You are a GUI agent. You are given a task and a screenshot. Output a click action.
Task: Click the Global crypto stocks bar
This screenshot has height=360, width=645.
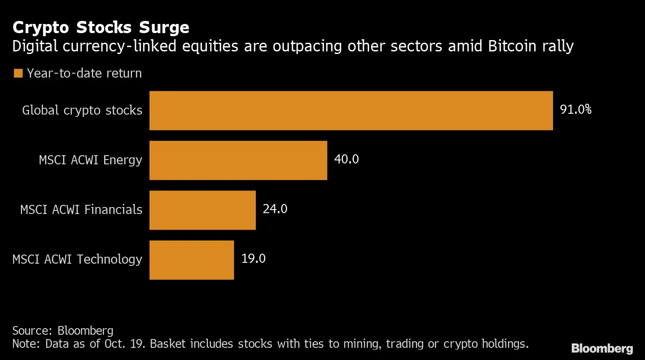point(351,111)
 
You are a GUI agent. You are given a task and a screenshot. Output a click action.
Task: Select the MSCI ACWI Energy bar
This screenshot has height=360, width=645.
point(238,160)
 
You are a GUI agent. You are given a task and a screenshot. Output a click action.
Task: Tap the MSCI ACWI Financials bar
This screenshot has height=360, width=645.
point(202,210)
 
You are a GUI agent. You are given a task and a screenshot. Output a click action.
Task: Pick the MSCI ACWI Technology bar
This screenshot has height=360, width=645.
point(191,260)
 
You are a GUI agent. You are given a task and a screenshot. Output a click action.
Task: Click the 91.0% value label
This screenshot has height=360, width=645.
point(575,109)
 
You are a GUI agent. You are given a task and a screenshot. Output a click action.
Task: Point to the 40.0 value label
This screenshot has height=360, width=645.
point(346,159)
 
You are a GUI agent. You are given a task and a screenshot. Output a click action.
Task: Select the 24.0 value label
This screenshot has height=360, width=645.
point(275,209)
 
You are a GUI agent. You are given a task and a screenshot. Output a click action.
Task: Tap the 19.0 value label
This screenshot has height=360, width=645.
point(253,258)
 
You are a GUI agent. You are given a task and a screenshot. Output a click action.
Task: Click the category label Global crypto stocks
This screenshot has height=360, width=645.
point(82,111)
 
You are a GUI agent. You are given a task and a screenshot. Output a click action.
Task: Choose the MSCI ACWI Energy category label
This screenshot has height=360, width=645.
point(90,160)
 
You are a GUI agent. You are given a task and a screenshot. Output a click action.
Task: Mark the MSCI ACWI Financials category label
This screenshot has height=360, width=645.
point(81,210)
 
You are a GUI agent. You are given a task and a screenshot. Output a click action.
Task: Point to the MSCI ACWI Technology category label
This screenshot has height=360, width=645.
point(77,260)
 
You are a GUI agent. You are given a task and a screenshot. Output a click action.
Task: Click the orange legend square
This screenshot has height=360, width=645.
point(18,73)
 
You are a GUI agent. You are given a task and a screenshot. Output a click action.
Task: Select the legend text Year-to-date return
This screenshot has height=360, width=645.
point(84,73)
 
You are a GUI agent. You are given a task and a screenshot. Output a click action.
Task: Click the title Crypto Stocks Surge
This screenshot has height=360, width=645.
point(101,27)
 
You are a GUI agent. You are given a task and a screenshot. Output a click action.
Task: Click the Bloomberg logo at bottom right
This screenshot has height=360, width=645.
point(602,348)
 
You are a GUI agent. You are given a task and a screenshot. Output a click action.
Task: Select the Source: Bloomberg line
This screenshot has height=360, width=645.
point(63,331)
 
